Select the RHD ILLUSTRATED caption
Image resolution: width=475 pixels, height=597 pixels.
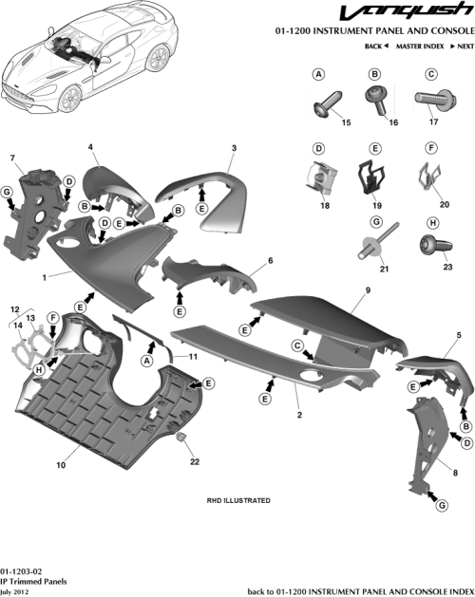click(238, 500)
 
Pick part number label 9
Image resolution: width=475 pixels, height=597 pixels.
click(366, 288)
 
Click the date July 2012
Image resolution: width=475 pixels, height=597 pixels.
click(18, 589)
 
